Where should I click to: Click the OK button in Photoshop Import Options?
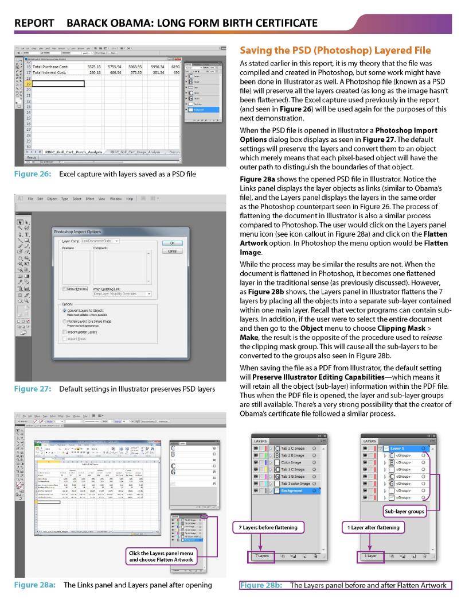(172, 243)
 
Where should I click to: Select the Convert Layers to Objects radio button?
(65, 310)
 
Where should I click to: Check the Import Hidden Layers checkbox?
(65, 332)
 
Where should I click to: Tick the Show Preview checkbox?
(65, 288)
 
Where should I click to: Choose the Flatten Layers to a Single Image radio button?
(65, 321)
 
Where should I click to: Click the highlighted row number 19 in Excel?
(28, 84)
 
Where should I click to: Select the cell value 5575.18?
(93, 67)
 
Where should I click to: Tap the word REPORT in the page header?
(34, 23)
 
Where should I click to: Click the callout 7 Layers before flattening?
(268, 527)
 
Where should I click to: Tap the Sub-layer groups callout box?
(405, 510)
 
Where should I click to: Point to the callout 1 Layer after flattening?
(373, 527)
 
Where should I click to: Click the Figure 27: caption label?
(34, 389)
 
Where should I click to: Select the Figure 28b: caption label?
(261, 585)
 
